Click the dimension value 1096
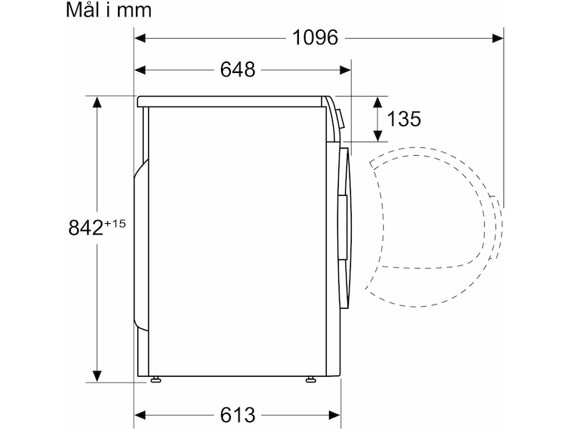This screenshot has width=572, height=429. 315,38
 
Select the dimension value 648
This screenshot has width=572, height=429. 237,69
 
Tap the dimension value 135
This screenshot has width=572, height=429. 403,119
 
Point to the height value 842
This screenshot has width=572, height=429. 86,227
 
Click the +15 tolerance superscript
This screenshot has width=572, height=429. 115,223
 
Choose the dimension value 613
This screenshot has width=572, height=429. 237,415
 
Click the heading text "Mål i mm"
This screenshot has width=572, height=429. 109,11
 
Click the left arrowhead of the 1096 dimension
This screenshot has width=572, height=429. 140,38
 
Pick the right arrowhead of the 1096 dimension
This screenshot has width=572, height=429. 498,38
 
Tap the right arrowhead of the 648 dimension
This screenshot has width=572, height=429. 345,69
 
